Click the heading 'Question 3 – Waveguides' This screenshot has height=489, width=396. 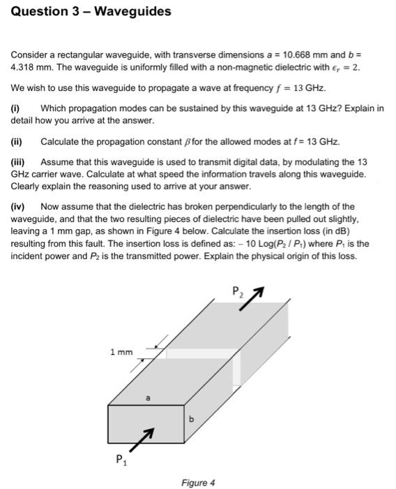click(x=91, y=12)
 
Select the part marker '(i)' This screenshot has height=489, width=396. click(x=16, y=108)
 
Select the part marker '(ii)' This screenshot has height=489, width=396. click(x=17, y=142)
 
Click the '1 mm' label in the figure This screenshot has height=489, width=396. click(x=121, y=352)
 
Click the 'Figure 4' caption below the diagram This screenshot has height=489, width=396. click(x=197, y=483)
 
